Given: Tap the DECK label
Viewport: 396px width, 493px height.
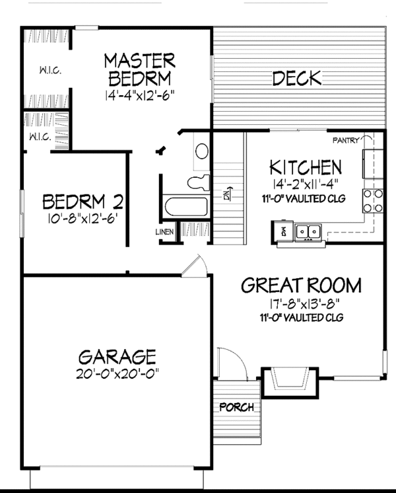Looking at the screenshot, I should pyautogui.click(x=297, y=79).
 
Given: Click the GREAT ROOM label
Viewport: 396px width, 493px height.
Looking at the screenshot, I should pyautogui.click(x=301, y=285).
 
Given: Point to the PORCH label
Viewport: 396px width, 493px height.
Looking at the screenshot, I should pyautogui.click(x=236, y=407).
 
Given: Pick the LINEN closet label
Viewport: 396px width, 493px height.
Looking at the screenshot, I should pyautogui.click(x=164, y=232).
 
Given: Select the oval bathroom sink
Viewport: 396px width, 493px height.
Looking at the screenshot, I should pyautogui.click(x=201, y=151).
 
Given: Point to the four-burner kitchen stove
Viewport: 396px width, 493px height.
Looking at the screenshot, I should pyautogui.click(x=373, y=200).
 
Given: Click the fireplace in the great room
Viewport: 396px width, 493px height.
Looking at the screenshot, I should pyautogui.click(x=290, y=381).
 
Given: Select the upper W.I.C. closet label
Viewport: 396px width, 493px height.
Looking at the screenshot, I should pyautogui.click(x=49, y=69).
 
